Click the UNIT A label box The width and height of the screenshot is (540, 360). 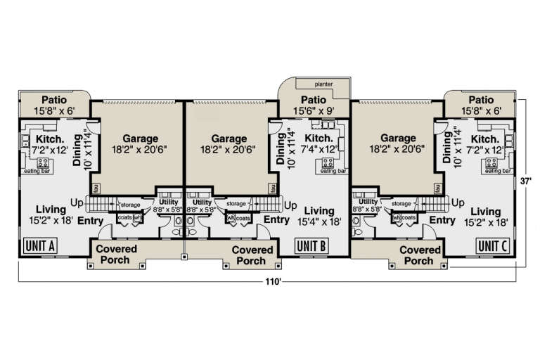40,246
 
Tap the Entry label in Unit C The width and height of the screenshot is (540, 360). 442,221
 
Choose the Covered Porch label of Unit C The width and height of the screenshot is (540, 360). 420,255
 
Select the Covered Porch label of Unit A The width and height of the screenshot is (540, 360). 117,255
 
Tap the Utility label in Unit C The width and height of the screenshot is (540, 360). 368,202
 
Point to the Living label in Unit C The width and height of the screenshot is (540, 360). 486,212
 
